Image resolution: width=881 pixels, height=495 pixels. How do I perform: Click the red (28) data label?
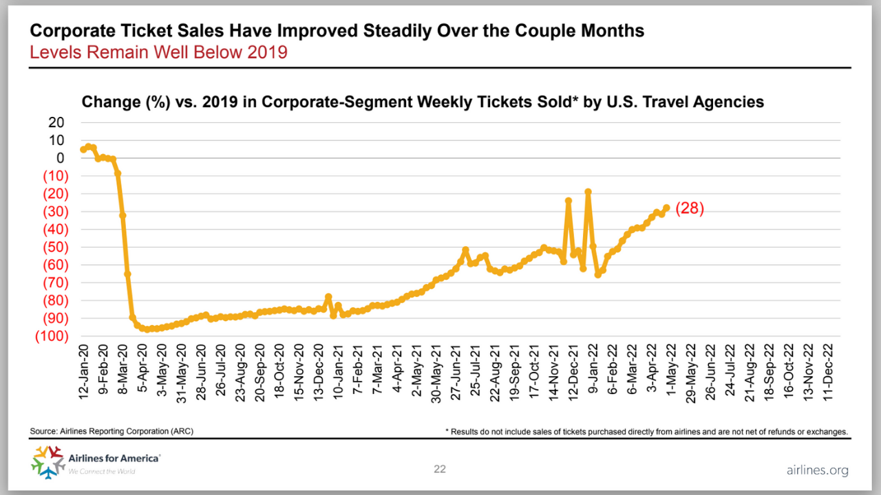point(690,209)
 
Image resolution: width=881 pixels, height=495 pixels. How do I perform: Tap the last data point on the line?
point(666,208)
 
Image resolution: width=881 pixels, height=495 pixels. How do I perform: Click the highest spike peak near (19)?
point(588,192)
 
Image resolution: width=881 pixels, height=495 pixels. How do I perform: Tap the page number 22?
point(440,470)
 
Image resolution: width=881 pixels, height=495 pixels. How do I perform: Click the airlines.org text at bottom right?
point(817,470)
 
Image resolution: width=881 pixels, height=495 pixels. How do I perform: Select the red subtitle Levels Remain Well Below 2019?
point(158,52)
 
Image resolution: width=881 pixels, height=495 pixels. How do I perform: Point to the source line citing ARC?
point(112,431)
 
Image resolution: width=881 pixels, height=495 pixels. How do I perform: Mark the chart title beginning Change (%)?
point(423,102)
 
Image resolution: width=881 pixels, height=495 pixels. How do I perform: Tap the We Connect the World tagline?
point(101,471)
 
